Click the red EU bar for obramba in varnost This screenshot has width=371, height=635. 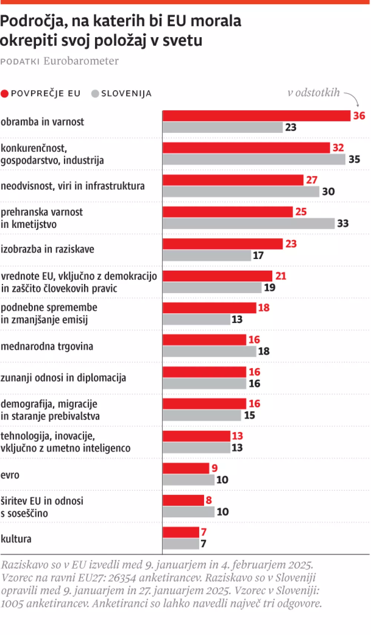256,116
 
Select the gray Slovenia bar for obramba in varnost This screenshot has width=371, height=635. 223,127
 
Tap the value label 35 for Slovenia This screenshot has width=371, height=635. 354,159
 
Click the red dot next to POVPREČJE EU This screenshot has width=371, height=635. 4,94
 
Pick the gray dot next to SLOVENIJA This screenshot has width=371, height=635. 95,94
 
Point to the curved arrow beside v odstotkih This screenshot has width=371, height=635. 352,99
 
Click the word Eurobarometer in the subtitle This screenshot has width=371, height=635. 81,61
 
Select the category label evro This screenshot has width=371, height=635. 10,475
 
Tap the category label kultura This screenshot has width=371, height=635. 16,539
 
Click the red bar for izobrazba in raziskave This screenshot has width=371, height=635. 223,244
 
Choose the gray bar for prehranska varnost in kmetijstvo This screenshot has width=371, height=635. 249,223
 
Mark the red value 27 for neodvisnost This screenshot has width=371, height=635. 312,180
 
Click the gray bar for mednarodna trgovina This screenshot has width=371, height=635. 209,351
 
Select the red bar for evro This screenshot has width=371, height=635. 185,468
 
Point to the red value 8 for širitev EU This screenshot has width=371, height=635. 209,500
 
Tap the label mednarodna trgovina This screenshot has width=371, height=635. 47,346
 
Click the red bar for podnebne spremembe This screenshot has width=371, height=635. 209,308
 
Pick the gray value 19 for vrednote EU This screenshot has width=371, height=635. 270,288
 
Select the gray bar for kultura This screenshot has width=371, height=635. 181,544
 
